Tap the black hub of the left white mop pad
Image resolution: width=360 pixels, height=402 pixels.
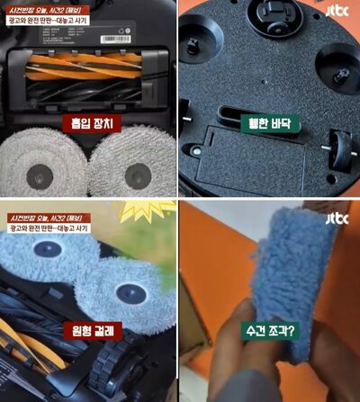click(x=42, y=170)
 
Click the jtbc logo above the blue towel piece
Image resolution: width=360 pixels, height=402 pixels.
click(x=336, y=220)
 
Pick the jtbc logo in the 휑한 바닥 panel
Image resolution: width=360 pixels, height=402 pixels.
click(x=336, y=13)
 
